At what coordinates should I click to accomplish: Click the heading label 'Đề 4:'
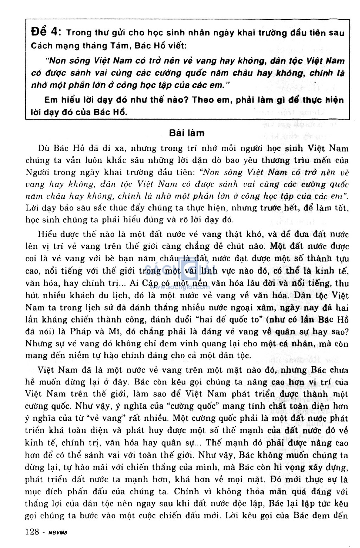pyautogui.click(x=46, y=32)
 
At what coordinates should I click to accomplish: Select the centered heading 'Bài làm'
pyautogui.click(x=187, y=133)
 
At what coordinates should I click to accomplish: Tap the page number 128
pyautogui.click(x=32, y=531)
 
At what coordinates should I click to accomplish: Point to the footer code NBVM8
pyautogui.click(x=57, y=533)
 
